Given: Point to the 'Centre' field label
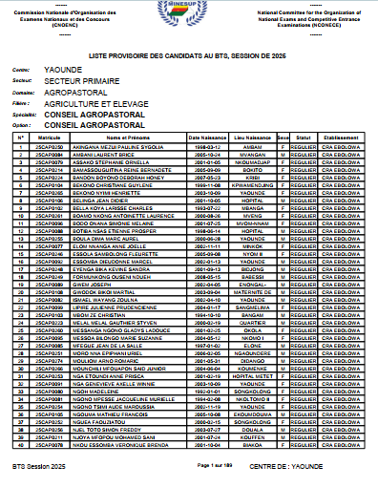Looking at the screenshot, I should click(21, 72).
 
